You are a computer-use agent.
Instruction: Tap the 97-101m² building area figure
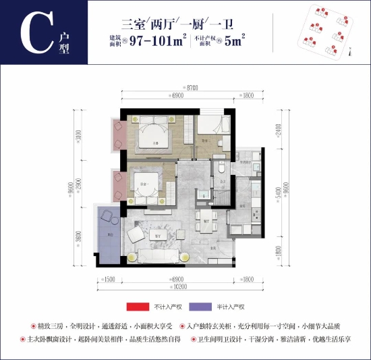(160, 41)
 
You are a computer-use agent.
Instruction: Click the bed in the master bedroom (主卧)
(155, 134)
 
